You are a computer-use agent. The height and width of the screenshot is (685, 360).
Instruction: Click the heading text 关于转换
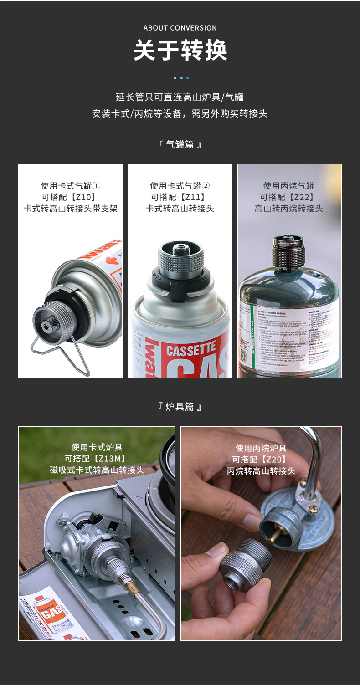180,51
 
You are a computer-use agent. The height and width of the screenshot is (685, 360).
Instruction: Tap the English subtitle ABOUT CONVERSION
180,28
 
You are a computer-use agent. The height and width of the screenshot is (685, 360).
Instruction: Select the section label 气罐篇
180,145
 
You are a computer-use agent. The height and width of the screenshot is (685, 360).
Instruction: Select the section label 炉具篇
180,407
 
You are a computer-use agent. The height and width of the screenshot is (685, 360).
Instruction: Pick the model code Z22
289,197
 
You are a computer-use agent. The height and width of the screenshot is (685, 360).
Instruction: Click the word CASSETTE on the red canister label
190,350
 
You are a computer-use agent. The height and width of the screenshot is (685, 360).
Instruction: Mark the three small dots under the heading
180,78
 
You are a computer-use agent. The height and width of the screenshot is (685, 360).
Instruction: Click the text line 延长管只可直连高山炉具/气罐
180,97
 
